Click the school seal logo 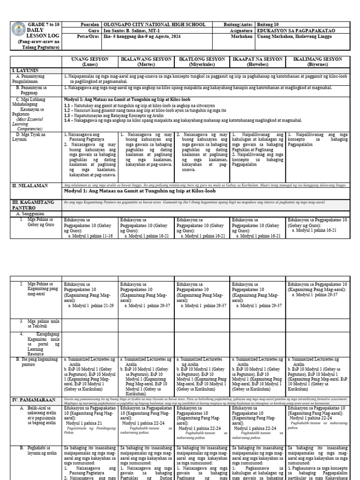(17, 30)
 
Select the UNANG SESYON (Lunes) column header (90, 62)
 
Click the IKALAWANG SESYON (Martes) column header (146, 62)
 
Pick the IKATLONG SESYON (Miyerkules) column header (202, 62)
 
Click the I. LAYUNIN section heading (26, 70)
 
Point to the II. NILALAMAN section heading (30, 186)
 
